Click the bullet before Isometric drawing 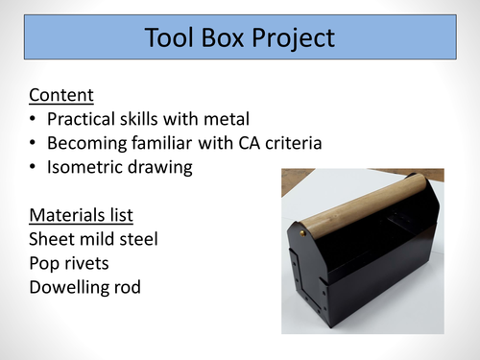[34, 168]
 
